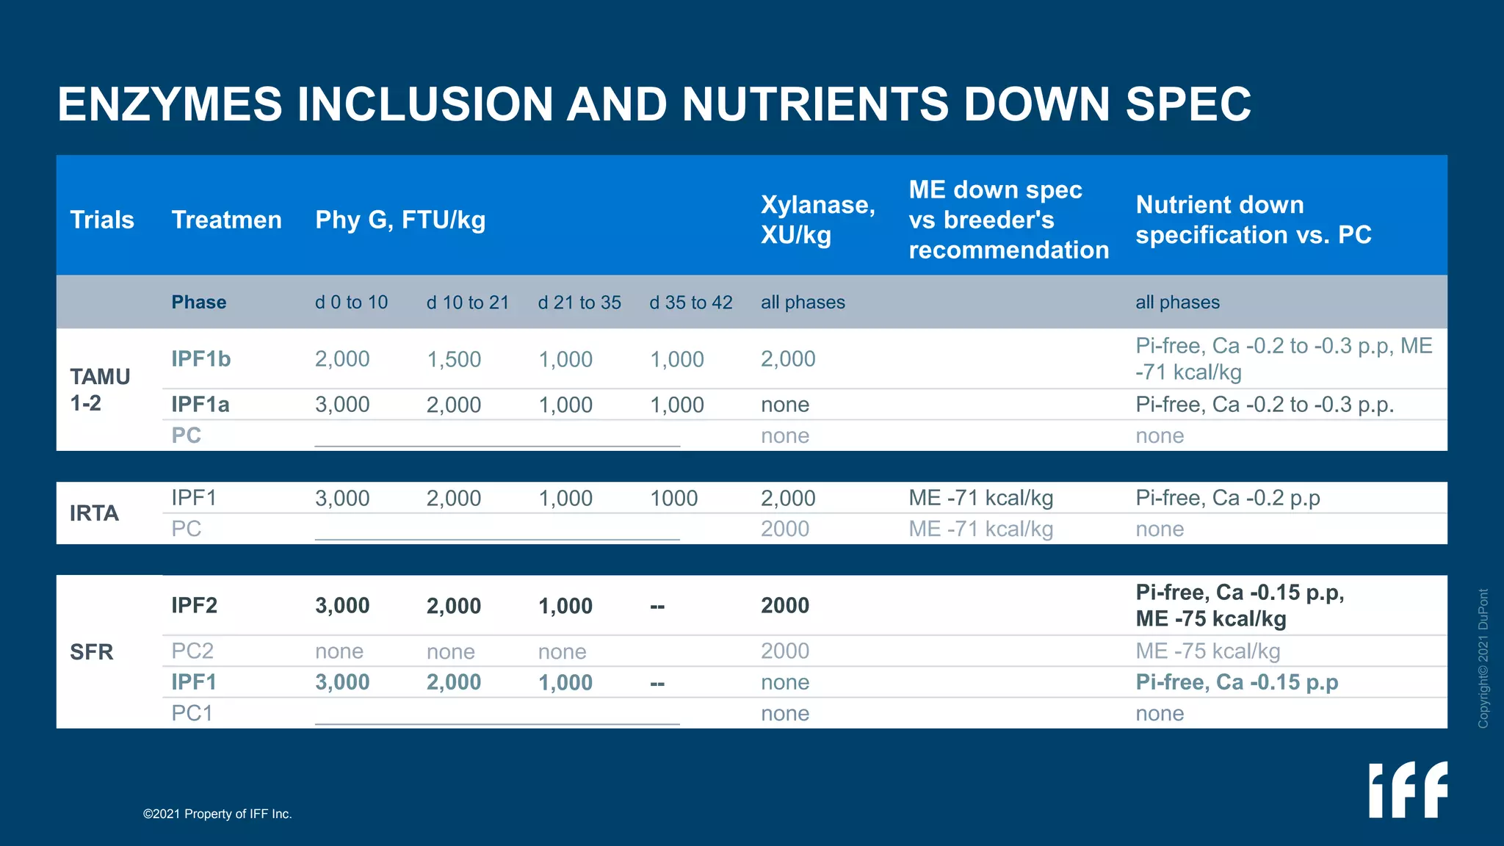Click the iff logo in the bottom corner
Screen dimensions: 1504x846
point(1408,789)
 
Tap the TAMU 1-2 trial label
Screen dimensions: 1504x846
point(100,390)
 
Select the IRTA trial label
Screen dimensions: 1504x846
point(94,513)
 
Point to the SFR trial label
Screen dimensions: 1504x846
point(92,652)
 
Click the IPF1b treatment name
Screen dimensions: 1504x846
point(201,359)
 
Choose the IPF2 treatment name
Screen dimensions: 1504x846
point(195,606)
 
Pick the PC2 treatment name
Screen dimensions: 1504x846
point(192,651)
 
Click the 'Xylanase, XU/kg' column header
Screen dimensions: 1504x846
point(818,220)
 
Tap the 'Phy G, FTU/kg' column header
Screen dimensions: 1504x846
point(400,220)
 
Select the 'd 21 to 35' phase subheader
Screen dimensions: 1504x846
point(579,303)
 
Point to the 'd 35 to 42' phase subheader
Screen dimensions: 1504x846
point(691,303)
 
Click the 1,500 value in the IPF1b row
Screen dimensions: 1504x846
point(454,359)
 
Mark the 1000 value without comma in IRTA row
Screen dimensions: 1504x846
point(674,498)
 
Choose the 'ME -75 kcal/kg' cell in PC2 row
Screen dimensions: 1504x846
point(1208,651)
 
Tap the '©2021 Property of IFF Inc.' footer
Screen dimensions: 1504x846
point(217,814)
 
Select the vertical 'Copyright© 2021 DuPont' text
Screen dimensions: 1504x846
point(1483,658)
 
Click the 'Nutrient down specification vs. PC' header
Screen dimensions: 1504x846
point(1254,220)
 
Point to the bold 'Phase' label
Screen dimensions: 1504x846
point(199,303)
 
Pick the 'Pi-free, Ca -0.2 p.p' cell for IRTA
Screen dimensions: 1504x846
point(1228,498)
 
